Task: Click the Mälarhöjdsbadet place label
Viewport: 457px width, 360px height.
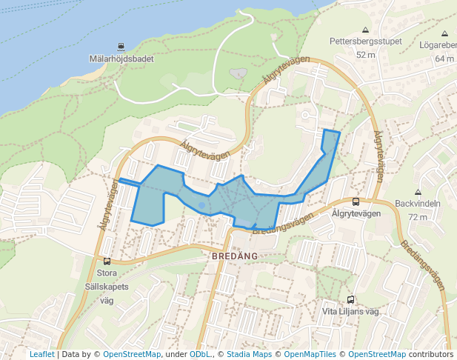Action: [120, 59]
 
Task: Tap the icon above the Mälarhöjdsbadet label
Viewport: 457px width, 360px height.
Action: [110, 46]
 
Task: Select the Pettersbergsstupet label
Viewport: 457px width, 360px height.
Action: [366, 41]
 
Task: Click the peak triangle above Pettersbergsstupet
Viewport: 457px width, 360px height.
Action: [365, 30]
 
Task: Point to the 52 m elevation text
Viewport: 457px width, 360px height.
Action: [366, 55]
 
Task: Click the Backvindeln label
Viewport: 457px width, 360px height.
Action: [418, 204]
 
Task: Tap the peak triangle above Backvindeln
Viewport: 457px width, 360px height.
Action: [418, 191]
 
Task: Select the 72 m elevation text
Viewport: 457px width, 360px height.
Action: [418, 217]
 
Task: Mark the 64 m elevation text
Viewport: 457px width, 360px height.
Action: [444, 59]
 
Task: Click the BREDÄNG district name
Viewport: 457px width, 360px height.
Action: [234, 256]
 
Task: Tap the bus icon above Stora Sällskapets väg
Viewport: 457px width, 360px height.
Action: [107, 261]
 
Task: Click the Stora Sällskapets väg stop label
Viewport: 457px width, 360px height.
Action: [107, 287]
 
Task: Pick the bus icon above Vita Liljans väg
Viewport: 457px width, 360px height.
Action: [351, 299]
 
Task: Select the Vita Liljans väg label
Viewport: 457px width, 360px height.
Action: [351, 312]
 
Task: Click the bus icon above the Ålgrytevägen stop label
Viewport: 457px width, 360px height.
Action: [356, 201]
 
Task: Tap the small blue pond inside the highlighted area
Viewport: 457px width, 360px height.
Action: [201, 206]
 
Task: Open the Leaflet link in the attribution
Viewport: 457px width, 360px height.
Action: [41, 355]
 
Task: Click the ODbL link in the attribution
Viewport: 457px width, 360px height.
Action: [199, 355]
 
